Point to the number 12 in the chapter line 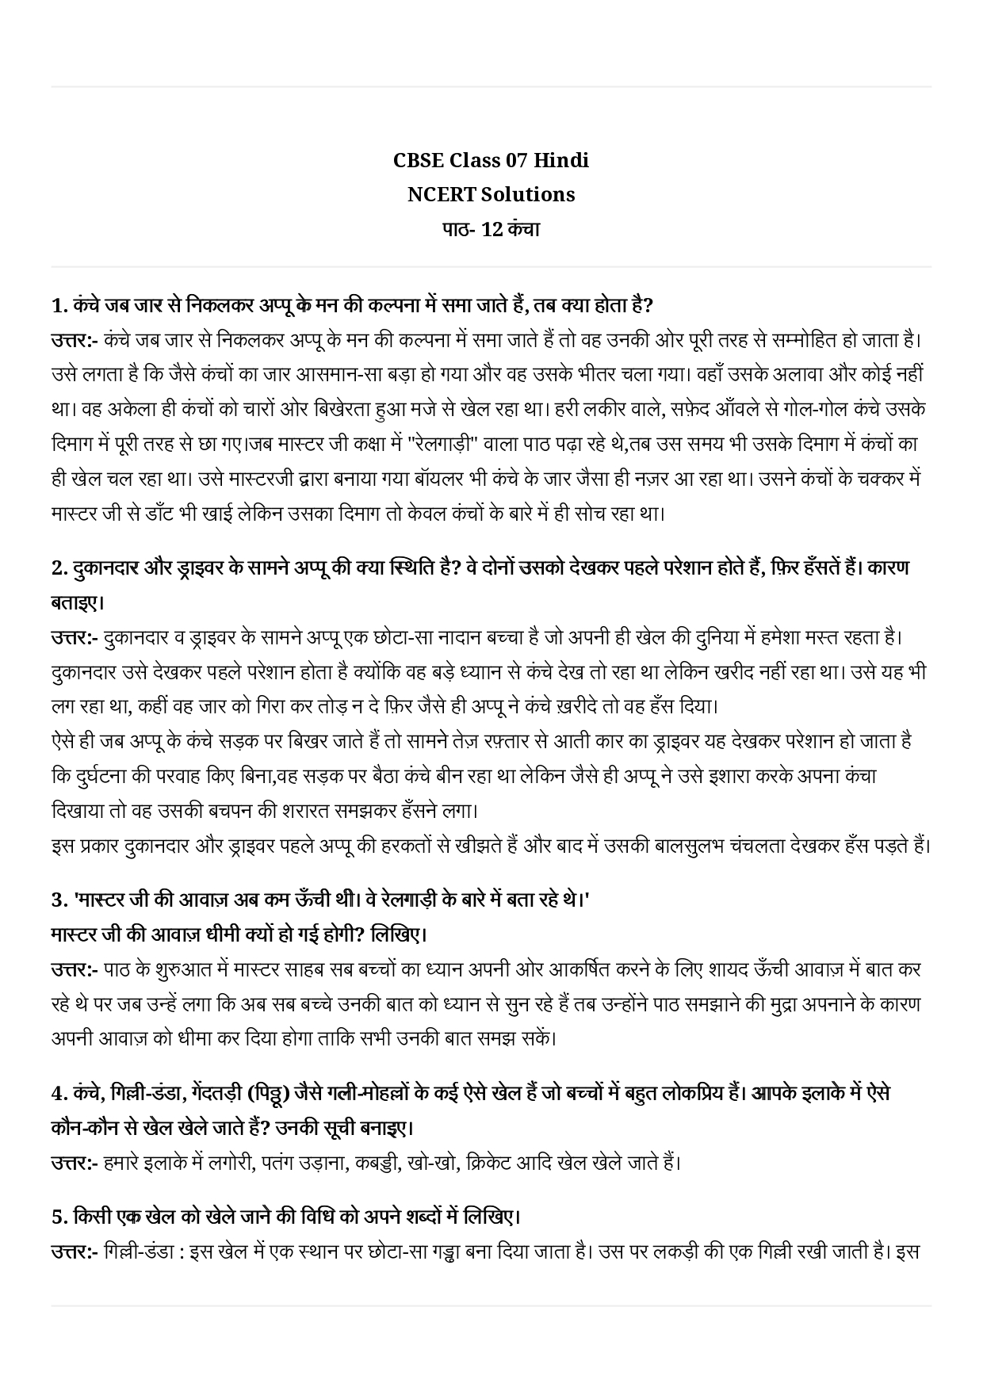(x=492, y=229)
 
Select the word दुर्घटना (x=105, y=776)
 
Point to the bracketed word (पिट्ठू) (x=266, y=1093)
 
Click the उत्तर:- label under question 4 (x=74, y=1163)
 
